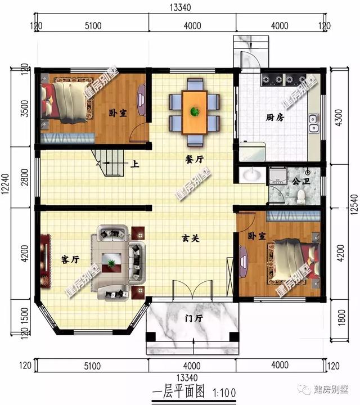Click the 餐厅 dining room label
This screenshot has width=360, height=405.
coord(193,160)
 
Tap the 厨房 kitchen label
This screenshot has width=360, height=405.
coord(274,118)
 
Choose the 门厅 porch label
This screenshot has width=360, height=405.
coord(193,318)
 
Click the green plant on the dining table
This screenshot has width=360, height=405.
coord(195,111)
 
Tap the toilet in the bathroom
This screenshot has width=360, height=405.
coord(301,195)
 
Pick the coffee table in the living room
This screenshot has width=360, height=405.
coord(115,260)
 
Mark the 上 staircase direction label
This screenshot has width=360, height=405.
coord(135,165)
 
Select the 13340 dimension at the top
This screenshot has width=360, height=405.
coord(179,7)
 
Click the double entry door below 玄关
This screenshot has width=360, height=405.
coord(193,292)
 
